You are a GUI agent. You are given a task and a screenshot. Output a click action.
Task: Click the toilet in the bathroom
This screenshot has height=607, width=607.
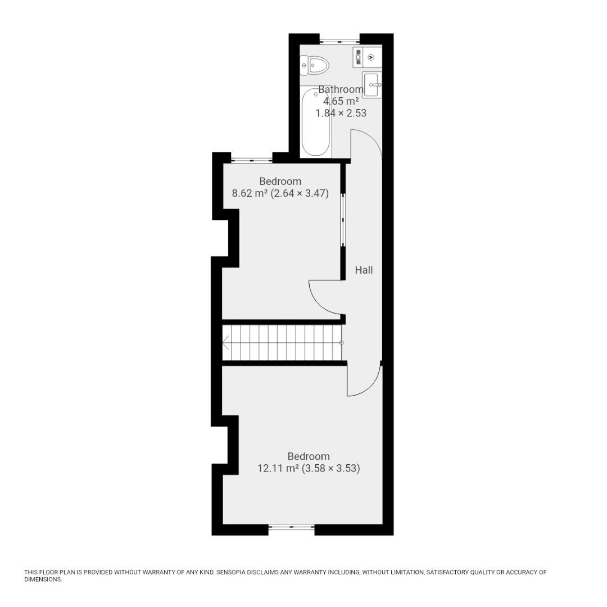click(x=314, y=65)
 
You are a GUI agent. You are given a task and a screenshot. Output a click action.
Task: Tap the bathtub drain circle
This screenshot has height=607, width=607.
click(x=316, y=94)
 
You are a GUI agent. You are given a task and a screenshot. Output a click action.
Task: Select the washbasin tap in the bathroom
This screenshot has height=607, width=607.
click(x=375, y=84)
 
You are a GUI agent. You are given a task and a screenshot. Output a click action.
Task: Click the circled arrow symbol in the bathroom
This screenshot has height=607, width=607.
click(x=372, y=57)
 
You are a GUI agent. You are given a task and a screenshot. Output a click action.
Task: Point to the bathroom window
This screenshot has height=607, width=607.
click(x=339, y=40)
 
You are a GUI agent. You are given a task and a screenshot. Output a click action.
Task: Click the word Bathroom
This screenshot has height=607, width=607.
click(x=341, y=89)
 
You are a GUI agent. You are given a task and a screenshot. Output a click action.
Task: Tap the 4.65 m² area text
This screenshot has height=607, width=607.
click(x=341, y=101)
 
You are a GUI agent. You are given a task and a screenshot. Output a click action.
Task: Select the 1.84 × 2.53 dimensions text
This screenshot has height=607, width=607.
click(x=341, y=113)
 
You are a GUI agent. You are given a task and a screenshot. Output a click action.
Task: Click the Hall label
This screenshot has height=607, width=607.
click(x=364, y=270)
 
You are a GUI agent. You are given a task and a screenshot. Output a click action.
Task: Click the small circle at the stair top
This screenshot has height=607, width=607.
click(x=342, y=343)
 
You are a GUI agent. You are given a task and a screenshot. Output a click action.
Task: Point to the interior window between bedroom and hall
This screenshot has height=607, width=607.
click(x=343, y=220)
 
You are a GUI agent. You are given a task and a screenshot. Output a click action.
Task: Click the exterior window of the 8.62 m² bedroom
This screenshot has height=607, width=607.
click(x=252, y=158)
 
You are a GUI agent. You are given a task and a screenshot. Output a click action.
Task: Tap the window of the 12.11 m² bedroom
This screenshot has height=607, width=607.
click(x=292, y=527)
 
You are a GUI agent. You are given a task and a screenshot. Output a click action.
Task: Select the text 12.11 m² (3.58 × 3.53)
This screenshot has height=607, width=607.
click(x=309, y=468)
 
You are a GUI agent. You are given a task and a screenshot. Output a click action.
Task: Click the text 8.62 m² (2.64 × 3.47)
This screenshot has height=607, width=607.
click(x=280, y=193)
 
